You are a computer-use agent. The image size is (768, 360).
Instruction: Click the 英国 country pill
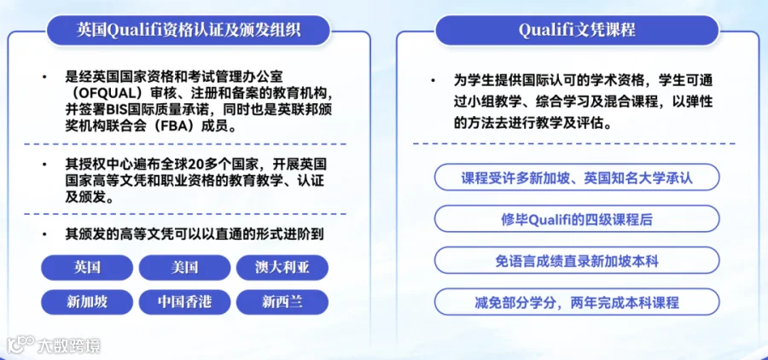(x=87, y=267)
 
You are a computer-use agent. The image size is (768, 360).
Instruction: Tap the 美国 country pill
(x=184, y=267)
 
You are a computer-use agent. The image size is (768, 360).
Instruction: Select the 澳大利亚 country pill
(x=282, y=267)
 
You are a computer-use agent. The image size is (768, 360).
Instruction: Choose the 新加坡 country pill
(x=87, y=302)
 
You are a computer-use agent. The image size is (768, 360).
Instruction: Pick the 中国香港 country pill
(x=184, y=302)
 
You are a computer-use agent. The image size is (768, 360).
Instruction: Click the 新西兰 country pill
(x=282, y=302)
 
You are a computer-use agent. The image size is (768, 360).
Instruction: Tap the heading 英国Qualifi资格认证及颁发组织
(x=189, y=31)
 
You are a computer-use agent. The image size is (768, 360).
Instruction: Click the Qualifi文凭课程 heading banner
(x=577, y=31)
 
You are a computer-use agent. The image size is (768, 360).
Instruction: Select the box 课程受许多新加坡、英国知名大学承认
(x=577, y=177)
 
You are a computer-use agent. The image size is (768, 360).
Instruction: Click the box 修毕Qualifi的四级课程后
(x=577, y=219)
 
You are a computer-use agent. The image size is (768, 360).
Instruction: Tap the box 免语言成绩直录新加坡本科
(x=577, y=260)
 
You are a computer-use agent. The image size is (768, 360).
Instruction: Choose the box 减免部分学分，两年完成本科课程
(x=577, y=302)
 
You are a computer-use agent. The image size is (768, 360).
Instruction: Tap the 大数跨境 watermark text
(x=69, y=346)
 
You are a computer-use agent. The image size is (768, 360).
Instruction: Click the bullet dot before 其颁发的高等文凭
(x=44, y=235)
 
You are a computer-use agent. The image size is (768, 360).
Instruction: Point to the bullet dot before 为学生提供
(x=433, y=80)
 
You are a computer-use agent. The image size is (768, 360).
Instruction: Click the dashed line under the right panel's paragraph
(x=574, y=143)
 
